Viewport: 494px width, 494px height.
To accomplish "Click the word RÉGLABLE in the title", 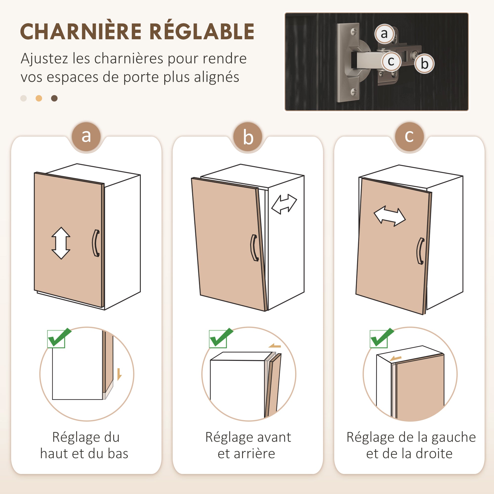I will pos(202,32).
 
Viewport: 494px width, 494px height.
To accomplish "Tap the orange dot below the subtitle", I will pos(39,98).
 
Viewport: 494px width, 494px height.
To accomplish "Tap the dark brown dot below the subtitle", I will pos(54,98).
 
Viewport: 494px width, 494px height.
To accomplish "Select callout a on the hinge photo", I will pos(384,34).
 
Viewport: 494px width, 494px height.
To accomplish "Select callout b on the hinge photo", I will pos(424,64).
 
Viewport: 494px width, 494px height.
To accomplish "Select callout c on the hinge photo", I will pos(391,61).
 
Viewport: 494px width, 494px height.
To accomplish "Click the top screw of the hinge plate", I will pos(354,32).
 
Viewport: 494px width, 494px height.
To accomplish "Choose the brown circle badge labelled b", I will pos(248,137).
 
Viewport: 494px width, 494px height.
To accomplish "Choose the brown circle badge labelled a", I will pos(86,137).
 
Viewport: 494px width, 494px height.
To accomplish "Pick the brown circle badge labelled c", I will pos(409,137).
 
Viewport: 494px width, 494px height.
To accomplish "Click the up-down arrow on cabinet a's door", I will pos(61,243).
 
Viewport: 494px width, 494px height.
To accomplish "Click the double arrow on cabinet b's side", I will pos(284,204).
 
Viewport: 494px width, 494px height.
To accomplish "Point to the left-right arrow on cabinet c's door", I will pos(390,216).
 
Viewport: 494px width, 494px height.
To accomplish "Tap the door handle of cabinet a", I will pos(96,243).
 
